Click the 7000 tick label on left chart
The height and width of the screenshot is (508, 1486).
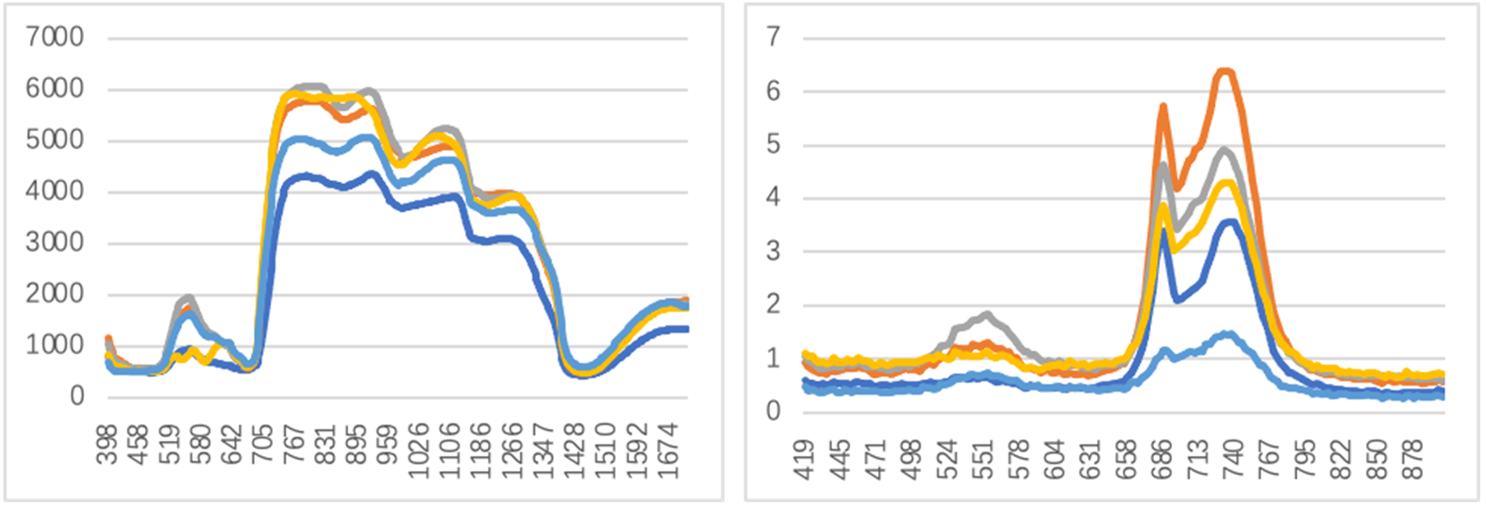[55, 38]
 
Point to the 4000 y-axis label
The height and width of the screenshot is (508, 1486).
[55, 191]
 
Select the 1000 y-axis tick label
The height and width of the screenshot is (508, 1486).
[55, 345]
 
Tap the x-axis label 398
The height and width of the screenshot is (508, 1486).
[107, 445]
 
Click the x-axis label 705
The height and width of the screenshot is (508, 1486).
[262, 445]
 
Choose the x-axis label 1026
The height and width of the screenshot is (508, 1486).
[418, 451]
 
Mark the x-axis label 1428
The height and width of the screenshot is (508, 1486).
[575, 451]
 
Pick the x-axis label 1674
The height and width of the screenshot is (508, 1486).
[667, 451]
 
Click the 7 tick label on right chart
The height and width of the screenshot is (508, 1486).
[774, 38]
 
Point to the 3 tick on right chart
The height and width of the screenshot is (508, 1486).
[774, 252]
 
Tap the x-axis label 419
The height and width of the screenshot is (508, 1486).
[804, 458]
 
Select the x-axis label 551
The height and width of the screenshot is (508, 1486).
[984, 458]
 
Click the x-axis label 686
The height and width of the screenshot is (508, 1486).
[1163, 458]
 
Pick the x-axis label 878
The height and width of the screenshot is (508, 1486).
[1412, 458]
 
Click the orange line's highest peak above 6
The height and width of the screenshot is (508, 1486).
[1225, 71]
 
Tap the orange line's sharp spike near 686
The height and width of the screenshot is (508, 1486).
[1163, 107]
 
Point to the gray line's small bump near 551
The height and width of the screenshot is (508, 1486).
[987, 315]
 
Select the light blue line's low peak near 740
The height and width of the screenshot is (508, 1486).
[1226, 334]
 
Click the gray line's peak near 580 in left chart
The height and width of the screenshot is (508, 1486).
[187, 299]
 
